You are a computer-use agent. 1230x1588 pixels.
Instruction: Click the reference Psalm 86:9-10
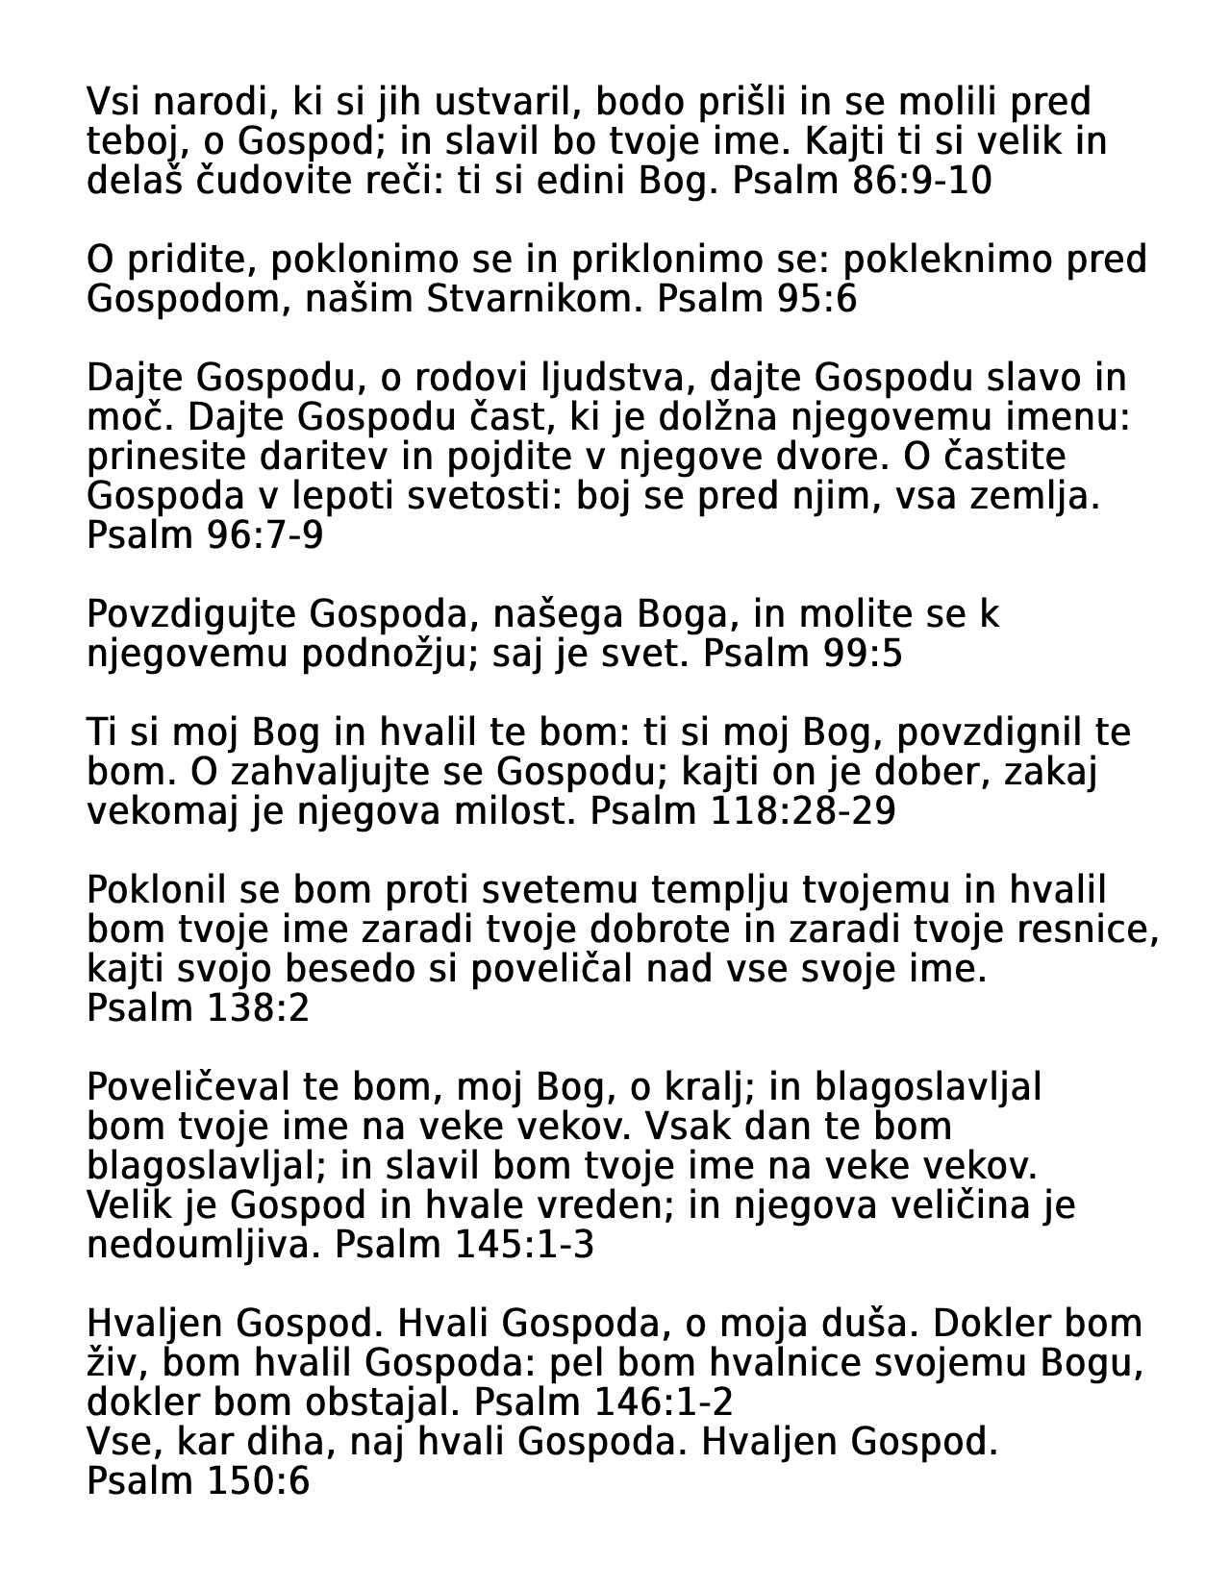862,181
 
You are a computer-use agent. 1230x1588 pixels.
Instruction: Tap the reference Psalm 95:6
757,300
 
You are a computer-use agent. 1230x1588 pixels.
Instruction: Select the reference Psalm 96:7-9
205,535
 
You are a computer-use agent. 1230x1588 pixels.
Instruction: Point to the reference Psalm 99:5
803,654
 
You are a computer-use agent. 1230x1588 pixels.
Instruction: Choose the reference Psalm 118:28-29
742,811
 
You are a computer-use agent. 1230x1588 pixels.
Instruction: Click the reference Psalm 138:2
198,1008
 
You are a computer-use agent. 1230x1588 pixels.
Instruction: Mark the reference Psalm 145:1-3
464,1245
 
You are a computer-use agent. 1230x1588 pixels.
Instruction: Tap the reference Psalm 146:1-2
604,1402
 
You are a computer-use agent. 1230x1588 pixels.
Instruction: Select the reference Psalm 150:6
198,1481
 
